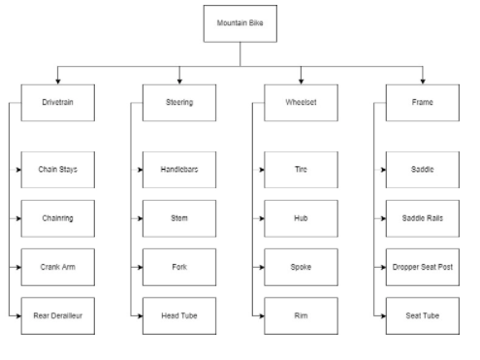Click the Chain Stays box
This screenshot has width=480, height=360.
[57, 169]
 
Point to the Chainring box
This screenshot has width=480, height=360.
[57, 217]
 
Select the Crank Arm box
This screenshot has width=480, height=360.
[57, 266]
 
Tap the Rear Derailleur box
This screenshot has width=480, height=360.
[57, 315]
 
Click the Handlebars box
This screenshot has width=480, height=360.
[178, 169]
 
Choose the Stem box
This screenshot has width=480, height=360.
[178, 217]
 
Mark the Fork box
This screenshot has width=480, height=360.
[178, 266]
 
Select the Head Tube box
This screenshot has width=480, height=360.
[178, 315]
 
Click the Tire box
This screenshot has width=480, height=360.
[301, 169]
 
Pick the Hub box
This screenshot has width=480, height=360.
[301, 217]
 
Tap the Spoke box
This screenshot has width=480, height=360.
[301, 266]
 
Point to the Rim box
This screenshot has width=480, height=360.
[301, 315]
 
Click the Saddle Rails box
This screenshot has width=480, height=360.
[422, 217]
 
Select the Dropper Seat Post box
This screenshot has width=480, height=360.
[422, 266]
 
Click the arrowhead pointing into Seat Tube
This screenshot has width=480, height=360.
[382, 315]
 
